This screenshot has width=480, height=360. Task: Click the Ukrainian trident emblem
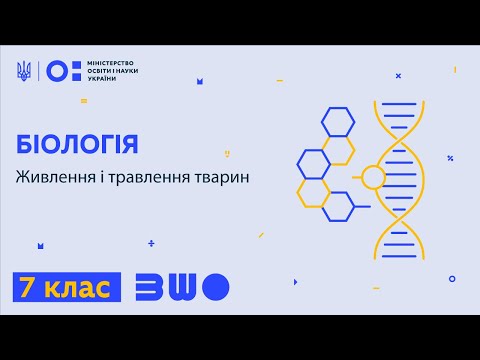(x=24, y=70)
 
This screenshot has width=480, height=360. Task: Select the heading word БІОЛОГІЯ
(x=78, y=143)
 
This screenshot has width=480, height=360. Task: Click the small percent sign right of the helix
(x=451, y=158)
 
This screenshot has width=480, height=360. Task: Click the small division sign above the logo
(x=152, y=242)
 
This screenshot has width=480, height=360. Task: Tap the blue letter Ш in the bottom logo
(x=179, y=288)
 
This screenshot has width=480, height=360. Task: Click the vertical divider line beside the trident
(x=38, y=70)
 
